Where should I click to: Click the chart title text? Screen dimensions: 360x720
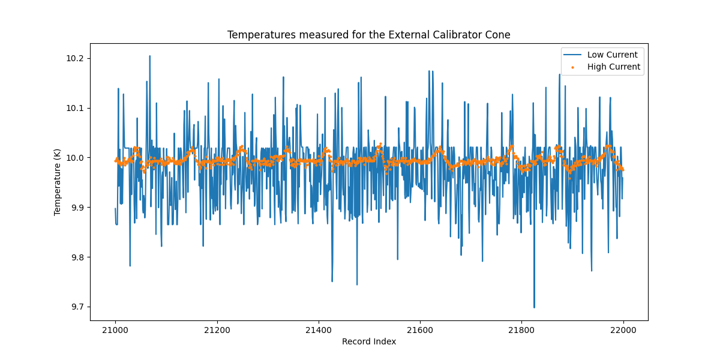368,35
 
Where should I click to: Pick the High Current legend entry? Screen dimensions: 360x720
613,67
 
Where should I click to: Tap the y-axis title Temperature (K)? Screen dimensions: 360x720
58,181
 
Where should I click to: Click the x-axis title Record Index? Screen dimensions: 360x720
368,341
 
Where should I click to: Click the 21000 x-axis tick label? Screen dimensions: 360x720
115,329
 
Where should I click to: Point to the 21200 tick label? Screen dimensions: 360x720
217,329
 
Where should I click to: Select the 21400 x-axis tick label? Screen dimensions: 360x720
318,329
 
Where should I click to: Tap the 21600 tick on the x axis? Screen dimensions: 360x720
420,329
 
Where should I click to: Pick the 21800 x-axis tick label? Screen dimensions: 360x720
521,329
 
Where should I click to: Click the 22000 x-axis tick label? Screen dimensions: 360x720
623,329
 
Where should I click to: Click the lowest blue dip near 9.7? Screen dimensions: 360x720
534,307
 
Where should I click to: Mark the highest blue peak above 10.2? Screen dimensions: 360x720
149,56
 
